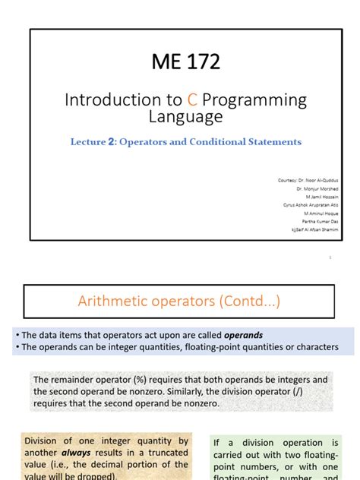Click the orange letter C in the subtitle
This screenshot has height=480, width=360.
point(175,99)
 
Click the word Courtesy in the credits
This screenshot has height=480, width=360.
point(288,179)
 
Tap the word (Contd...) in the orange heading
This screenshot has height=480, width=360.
point(242,302)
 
